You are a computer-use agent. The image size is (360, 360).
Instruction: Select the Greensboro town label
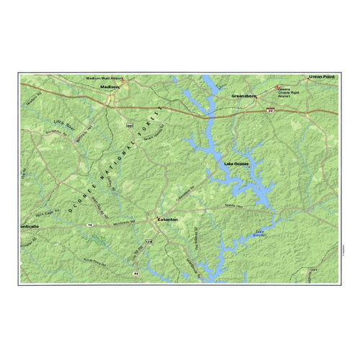point(245,95)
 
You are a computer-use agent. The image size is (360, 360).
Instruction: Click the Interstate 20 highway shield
point(269,110)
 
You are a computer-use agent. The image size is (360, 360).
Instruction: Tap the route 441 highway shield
point(130,125)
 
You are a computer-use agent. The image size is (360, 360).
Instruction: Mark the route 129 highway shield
point(149,241)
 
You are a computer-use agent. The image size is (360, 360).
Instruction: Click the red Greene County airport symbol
point(280,88)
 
